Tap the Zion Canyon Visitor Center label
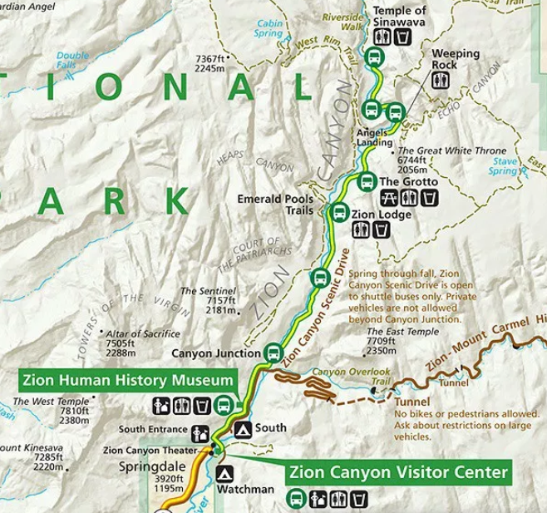pos(398,473)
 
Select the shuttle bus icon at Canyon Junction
pos(273,353)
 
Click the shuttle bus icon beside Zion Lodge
pos(338,213)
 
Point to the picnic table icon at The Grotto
pos(387,198)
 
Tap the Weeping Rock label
pos(456,59)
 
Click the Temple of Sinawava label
pos(400,17)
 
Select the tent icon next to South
pos(243,429)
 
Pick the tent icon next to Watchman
pos(224,474)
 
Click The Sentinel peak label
pos(200,291)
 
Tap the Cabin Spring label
pos(269,29)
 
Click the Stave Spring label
pos(504,166)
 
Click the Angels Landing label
pos(373,137)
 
